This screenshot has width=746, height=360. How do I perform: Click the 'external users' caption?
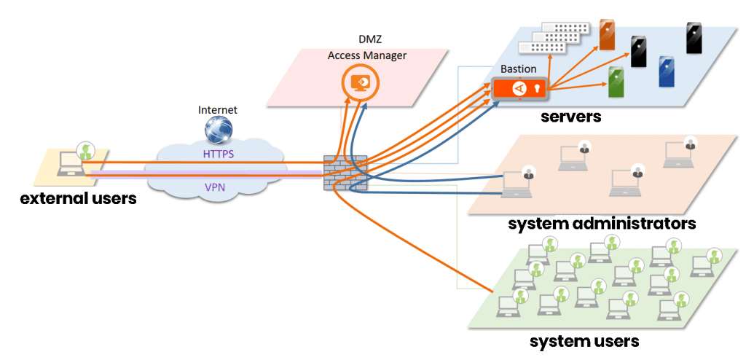coord(78,197)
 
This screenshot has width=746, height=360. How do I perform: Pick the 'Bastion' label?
coord(518,69)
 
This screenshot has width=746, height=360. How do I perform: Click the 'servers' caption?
coord(570,117)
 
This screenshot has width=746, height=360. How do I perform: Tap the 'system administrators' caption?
coord(602,223)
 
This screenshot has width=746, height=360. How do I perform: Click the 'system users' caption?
coord(584,340)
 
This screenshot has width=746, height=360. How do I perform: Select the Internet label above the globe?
coord(218,110)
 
